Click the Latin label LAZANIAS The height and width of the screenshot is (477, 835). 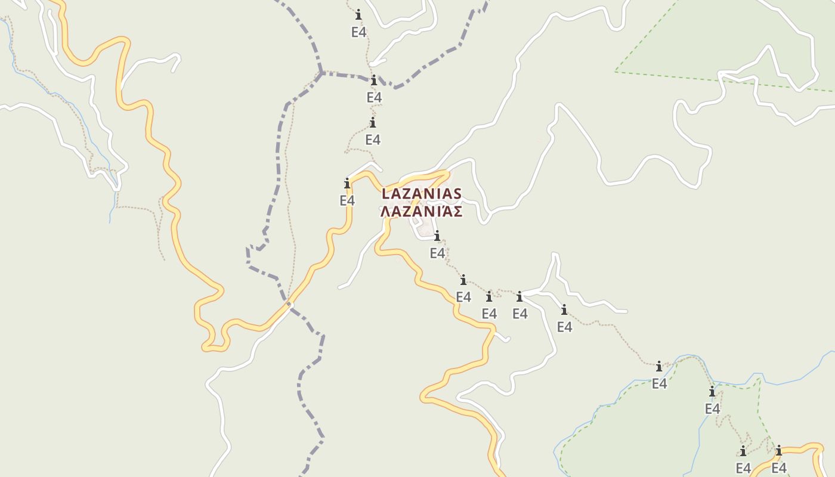(422, 194)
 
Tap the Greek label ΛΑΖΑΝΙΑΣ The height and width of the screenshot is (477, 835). (422, 211)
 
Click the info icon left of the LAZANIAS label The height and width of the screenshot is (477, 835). (347, 183)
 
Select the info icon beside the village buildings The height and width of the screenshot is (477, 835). (437, 236)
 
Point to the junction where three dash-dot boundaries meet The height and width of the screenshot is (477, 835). (321, 73)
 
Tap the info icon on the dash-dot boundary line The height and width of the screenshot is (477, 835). (374, 80)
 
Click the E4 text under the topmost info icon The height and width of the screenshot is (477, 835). (358, 32)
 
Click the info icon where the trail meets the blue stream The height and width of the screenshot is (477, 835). (659, 366)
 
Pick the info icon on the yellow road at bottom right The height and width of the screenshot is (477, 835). (778, 450)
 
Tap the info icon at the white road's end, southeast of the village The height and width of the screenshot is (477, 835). (519, 296)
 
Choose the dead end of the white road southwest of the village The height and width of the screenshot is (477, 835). (340, 287)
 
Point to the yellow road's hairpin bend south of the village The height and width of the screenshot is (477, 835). (425, 395)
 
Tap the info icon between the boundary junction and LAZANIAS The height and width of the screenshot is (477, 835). (373, 123)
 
